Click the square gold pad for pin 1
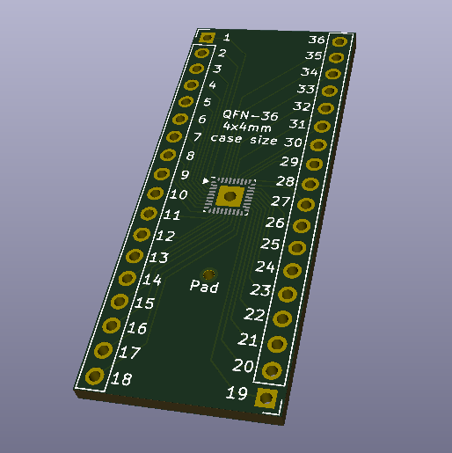coord(207,38)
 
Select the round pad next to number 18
coord(94,376)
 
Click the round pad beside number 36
coord(341,41)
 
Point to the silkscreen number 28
coord(285,182)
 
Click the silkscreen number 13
coord(158,258)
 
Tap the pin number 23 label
coord(260,289)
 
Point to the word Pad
coord(204,287)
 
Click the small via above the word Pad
coord(208,274)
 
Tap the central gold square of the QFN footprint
coord(230,196)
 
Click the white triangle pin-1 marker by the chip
coord(207,181)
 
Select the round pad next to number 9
coord(160,174)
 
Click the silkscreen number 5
coord(208,102)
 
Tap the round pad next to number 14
coord(128,279)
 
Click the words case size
coord(244,140)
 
